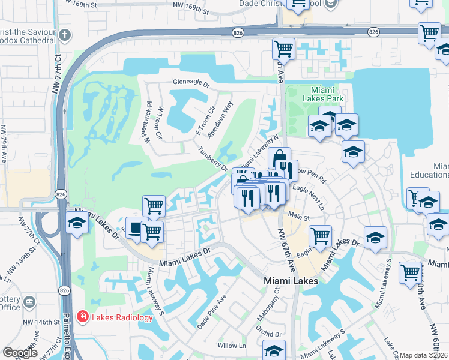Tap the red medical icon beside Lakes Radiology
coord(82,317)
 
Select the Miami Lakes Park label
coord(310,94)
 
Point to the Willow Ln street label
coord(232,346)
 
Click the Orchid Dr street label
coord(268,334)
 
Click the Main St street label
coord(298,217)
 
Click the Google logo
coord(20,353)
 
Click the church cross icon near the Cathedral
coord(65,35)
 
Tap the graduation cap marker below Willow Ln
coord(274,350)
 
